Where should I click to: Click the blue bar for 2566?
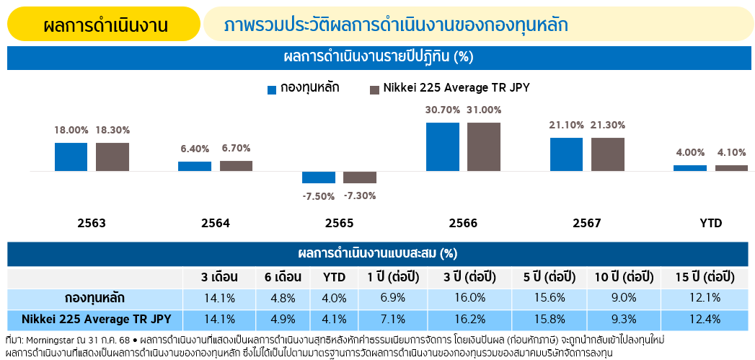pyautogui.click(x=443, y=146)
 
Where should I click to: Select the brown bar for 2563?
pyautogui.click(x=112, y=157)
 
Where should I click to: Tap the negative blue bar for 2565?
pyautogui.click(x=319, y=177)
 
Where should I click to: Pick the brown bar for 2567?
pyautogui.click(x=608, y=154)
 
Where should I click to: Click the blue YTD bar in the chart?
pyautogui.click(x=690, y=168)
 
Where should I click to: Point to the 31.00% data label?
pyautogui.click(x=484, y=110)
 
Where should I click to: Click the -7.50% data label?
pyautogui.click(x=319, y=196)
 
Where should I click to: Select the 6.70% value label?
pyautogui.click(x=237, y=148)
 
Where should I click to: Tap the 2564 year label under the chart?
pyautogui.click(x=216, y=224)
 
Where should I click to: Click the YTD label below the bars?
pyautogui.click(x=710, y=224)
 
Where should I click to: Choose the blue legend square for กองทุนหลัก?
pyautogui.click(x=272, y=89)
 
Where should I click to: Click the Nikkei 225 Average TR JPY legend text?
pyautogui.click(x=456, y=88)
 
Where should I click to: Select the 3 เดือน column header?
pyautogui.click(x=221, y=278)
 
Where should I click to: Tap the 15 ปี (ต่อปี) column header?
pyautogui.click(x=705, y=278)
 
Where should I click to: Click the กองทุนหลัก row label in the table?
pyautogui.click(x=94, y=298)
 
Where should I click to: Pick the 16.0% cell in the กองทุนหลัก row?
pyautogui.click(x=470, y=298)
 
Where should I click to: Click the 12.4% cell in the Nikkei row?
pyautogui.click(x=705, y=319)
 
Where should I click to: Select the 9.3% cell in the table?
pyautogui.click(x=624, y=319)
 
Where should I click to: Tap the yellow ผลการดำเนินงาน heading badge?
pyautogui.click(x=105, y=25)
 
